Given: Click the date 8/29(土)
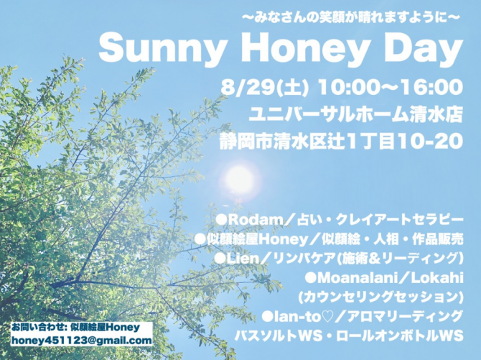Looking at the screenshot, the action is [x=263, y=88].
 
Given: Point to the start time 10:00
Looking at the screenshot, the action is [x=348, y=87].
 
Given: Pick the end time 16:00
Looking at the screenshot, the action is [x=433, y=87].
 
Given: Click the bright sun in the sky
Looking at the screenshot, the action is [x=240, y=179].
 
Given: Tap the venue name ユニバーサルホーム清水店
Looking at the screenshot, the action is [x=355, y=114].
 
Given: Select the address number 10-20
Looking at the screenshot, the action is [x=431, y=142].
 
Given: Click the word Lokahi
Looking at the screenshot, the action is [x=436, y=278].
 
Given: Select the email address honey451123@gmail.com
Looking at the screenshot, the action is [x=82, y=341].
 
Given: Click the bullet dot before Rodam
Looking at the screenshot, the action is [x=221, y=220].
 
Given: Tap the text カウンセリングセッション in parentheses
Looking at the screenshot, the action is [x=380, y=297].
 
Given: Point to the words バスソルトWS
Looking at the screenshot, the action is [x=279, y=336].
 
